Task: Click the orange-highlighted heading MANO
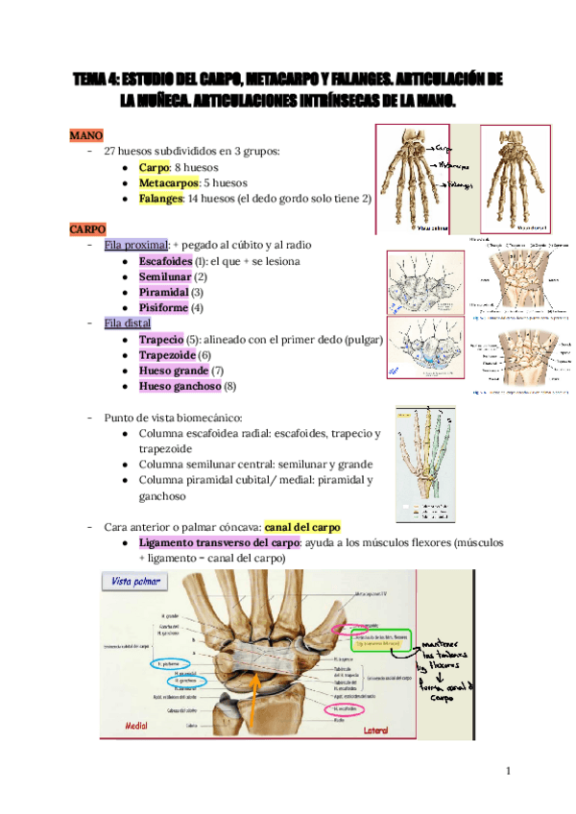[x=86, y=135]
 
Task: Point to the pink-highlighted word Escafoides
[x=165, y=261]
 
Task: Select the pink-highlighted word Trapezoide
[x=166, y=354]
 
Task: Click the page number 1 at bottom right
[x=509, y=771]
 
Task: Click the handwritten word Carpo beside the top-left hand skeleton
[x=443, y=150]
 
